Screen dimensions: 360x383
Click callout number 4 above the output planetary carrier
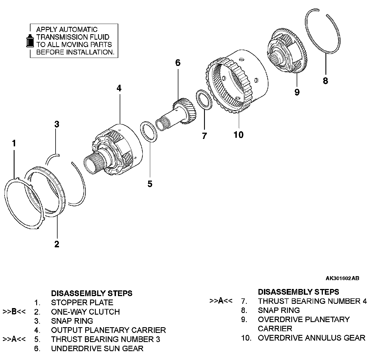pos(119,88)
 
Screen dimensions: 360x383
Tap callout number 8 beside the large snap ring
pos(325,81)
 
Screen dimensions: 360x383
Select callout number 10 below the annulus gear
pos(239,134)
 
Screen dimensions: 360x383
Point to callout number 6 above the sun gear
pos(178,63)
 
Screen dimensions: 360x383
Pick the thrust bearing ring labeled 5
pos(148,131)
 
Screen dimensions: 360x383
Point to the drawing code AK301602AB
pos(342,278)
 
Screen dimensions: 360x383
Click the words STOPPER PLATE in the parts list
pos(82,302)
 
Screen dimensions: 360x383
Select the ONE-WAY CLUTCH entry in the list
pos(85,312)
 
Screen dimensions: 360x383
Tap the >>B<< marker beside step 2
pos(14,312)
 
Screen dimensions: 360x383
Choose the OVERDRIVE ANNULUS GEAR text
pos(311,338)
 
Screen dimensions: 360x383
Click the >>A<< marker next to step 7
pos(221,301)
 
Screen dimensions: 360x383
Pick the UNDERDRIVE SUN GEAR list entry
pos(97,348)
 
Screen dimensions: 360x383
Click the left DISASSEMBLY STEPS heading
pos(91,293)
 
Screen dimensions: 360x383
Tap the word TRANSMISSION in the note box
pos(73,37)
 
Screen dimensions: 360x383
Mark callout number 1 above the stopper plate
pos(14,143)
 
